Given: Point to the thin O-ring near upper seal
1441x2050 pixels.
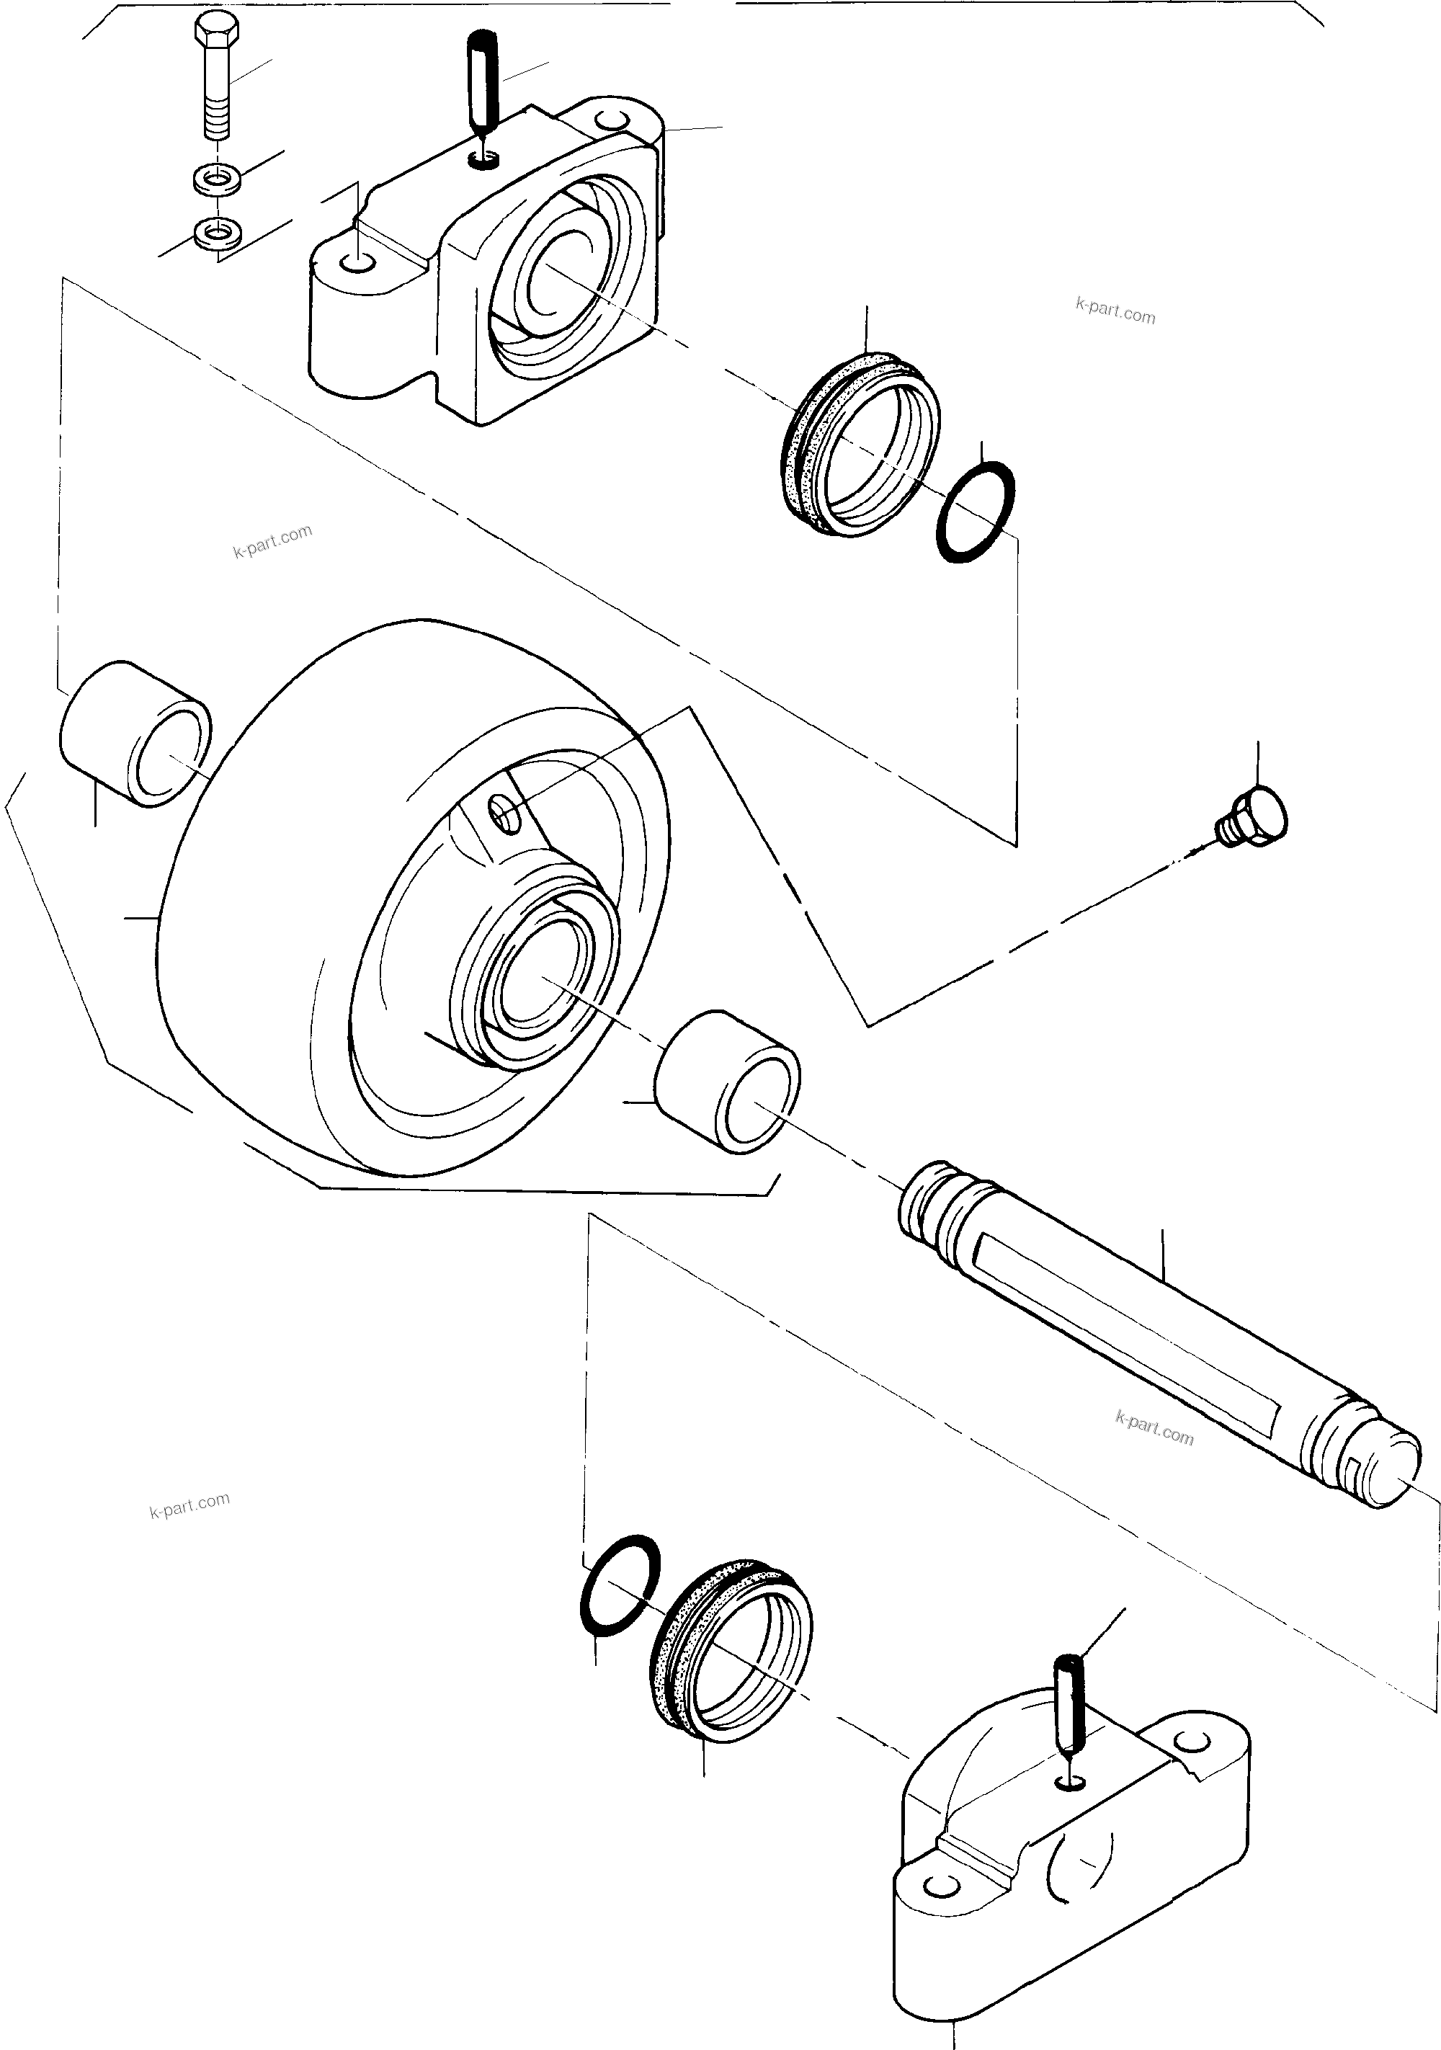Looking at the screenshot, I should (x=975, y=512).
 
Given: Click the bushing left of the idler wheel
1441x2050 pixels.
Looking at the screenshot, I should (x=135, y=734).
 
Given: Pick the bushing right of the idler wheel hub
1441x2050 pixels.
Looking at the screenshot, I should (x=727, y=1082).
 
